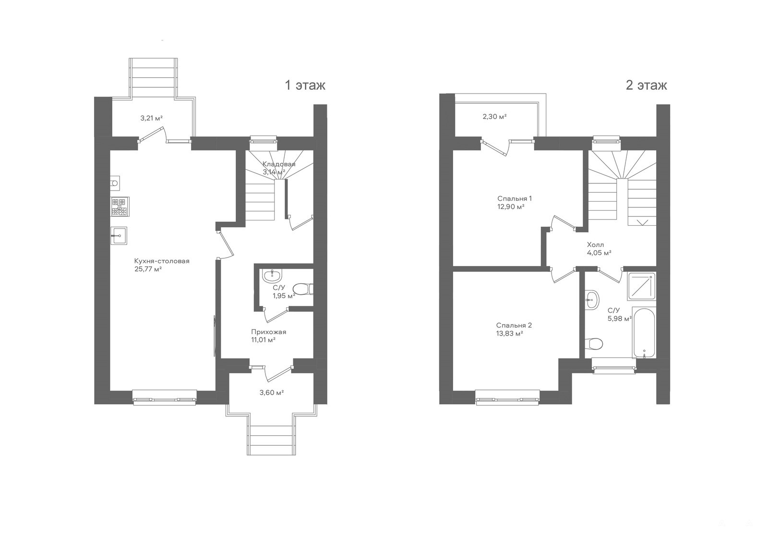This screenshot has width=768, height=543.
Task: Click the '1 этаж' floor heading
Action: click(305, 85)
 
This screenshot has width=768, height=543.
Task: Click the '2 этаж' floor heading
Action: click(646, 85)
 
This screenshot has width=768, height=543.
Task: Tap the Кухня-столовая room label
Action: click(162, 261)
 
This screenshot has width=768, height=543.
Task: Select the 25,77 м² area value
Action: click(148, 269)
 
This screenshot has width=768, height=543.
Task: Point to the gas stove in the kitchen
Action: click(120, 206)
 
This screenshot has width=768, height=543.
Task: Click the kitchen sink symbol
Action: click(119, 236)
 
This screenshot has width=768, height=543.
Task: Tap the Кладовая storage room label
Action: click(279, 164)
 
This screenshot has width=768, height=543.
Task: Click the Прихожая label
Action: click(268, 332)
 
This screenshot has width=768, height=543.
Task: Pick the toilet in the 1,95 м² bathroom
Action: click(303, 289)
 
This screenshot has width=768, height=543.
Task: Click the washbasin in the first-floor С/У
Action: click(272, 275)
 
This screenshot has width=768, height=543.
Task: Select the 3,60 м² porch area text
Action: click(271, 393)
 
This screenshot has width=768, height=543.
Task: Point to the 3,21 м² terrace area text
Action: click(151, 118)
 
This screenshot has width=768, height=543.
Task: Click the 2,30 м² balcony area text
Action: click(494, 117)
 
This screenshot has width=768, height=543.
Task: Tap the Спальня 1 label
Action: click(514, 198)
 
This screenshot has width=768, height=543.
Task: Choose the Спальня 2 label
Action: click(514, 325)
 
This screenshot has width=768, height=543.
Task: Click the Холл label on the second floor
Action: click(595, 244)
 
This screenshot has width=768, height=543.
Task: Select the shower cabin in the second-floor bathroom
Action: click(642, 286)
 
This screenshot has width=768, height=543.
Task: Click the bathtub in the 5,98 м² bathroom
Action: click(644, 333)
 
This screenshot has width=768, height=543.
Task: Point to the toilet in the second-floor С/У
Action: click(594, 343)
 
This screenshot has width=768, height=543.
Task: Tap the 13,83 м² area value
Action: click(510, 333)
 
